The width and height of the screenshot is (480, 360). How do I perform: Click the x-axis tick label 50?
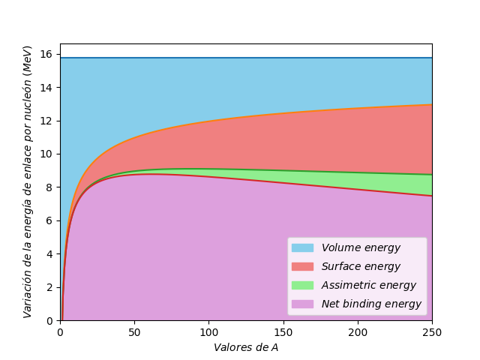point(134,331)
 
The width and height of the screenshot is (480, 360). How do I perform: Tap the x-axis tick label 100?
point(208,331)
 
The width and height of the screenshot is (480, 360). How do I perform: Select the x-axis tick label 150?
point(283,331)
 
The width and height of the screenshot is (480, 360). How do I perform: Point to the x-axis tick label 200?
point(358,331)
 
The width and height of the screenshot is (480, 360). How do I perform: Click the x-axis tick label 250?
point(432,331)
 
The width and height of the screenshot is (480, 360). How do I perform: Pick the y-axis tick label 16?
point(46,54)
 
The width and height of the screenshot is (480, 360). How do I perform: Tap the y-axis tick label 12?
point(46,121)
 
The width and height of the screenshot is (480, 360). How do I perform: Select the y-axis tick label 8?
point(49,187)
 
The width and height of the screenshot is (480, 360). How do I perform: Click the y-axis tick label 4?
point(49,254)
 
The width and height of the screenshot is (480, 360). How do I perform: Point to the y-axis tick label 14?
point(46,88)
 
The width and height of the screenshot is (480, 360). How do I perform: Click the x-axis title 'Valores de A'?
point(246,347)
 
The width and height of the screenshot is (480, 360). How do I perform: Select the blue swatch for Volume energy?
point(302,247)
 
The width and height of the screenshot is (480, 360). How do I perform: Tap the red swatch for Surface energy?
point(302,266)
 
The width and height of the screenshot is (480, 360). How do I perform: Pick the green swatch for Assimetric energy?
point(302,285)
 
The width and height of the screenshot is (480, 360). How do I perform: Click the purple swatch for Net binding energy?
point(302,304)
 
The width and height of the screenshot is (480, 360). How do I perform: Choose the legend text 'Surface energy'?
point(361,266)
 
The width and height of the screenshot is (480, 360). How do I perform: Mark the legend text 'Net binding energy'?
point(371,304)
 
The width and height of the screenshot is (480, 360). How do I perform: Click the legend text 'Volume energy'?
point(361,247)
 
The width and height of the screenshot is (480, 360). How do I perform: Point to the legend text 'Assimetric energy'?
point(368,285)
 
